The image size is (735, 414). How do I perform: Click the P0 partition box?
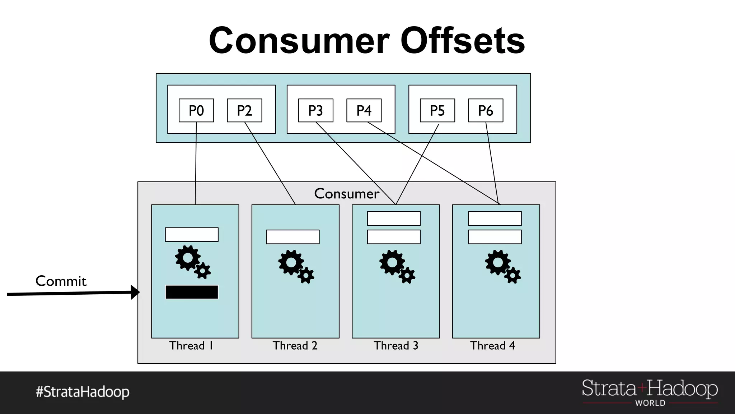point(196,110)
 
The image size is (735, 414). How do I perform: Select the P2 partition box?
point(244,110)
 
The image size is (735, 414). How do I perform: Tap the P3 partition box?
point(315,110)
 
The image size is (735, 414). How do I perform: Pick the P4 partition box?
point(364,110)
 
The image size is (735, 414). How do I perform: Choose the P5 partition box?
point(437,110)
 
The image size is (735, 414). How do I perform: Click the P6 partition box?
point(486,110)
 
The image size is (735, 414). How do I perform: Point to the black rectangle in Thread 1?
point(192,292)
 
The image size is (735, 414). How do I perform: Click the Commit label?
point(61,281)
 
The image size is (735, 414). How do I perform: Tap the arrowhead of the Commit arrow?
point(135,292)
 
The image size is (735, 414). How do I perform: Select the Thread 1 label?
point(191,345)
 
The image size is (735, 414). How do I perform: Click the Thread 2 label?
point(295,345)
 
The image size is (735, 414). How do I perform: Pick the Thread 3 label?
point(396,345)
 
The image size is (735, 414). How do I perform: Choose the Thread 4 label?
point(492,345)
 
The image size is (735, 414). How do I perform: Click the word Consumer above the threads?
point(346,194)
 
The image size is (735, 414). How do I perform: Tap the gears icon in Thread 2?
point(296,267)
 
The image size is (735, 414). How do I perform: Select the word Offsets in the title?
point(463,41)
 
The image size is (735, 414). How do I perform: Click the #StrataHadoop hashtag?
point(83,392)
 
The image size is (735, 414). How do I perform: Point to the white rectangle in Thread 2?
point(292,237)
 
